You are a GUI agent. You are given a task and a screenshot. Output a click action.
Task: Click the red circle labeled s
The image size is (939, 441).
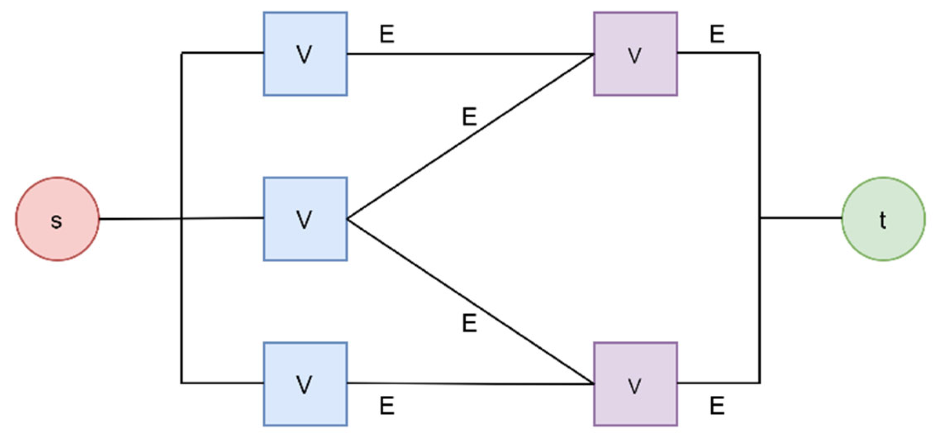tap(58, 219)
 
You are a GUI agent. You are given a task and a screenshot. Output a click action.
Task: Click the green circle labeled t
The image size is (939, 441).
tap(883, 219)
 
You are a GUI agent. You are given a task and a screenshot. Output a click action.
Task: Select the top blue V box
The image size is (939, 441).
tap(305, 54)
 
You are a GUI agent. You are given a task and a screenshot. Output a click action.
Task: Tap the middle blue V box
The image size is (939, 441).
tap(305, 219)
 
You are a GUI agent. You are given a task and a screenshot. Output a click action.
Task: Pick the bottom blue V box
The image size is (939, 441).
tap(305, 384)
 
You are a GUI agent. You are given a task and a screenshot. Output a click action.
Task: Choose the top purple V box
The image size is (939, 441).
tap(635, 54)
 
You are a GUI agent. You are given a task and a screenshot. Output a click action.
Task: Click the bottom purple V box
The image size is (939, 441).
tap(635, 384)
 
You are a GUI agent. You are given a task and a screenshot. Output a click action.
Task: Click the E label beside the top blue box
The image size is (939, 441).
tap(387, 34)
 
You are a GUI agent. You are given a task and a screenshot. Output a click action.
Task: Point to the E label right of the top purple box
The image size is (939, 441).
tap(717, 34)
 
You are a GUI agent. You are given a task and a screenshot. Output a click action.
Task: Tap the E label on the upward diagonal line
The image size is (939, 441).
tap(469, 117)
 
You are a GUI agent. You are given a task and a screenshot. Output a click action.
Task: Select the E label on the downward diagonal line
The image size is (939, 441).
tap(469, 323)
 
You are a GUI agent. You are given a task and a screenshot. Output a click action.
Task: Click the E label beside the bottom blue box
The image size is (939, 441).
tap(387, 405)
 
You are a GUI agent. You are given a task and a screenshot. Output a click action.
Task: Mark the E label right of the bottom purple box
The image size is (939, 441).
tap(717, 405)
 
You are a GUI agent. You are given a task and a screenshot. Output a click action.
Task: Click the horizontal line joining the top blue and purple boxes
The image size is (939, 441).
tap(470, 54)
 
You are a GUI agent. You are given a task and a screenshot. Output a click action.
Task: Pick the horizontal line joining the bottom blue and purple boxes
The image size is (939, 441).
tap(470, 384)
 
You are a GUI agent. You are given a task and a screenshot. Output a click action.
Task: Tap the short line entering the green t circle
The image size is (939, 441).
tap(801, 217)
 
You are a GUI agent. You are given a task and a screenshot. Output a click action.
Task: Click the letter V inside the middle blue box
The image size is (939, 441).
tap(304, 219)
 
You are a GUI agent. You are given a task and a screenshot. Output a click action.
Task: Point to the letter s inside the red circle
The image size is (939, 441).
tap(56, 221)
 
